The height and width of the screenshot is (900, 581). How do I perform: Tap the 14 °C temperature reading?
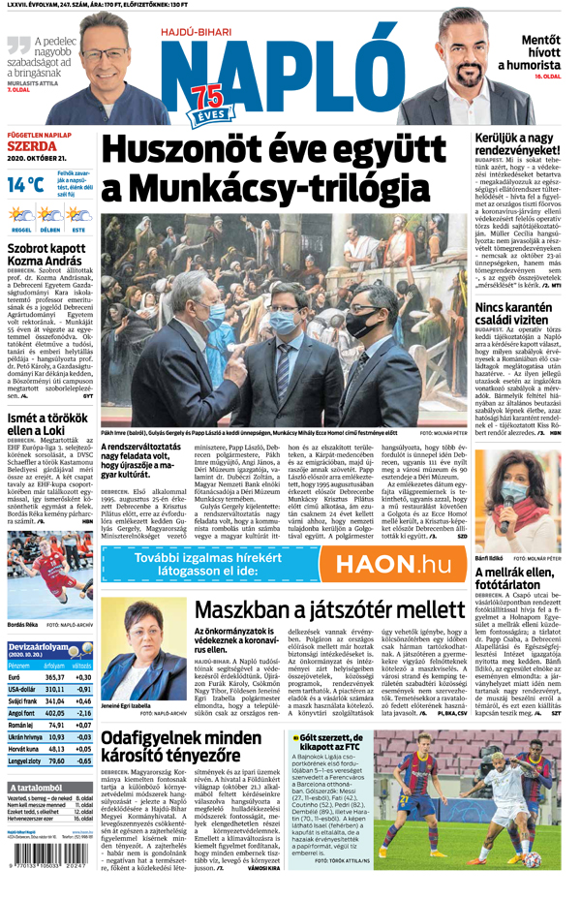pos(25,184)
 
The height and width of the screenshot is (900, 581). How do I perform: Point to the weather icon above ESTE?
pos(77,215)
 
